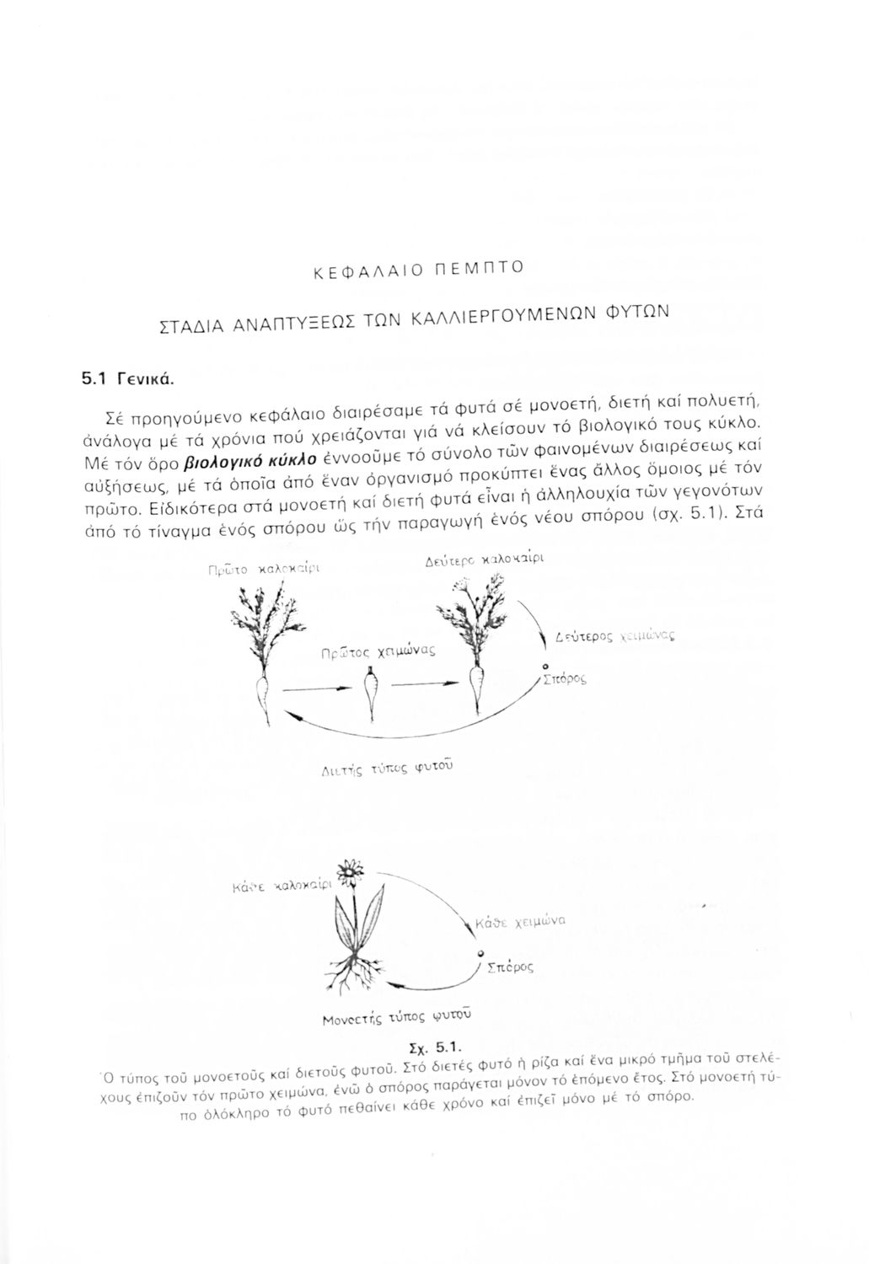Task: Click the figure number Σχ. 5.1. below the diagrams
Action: [431, 1047]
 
